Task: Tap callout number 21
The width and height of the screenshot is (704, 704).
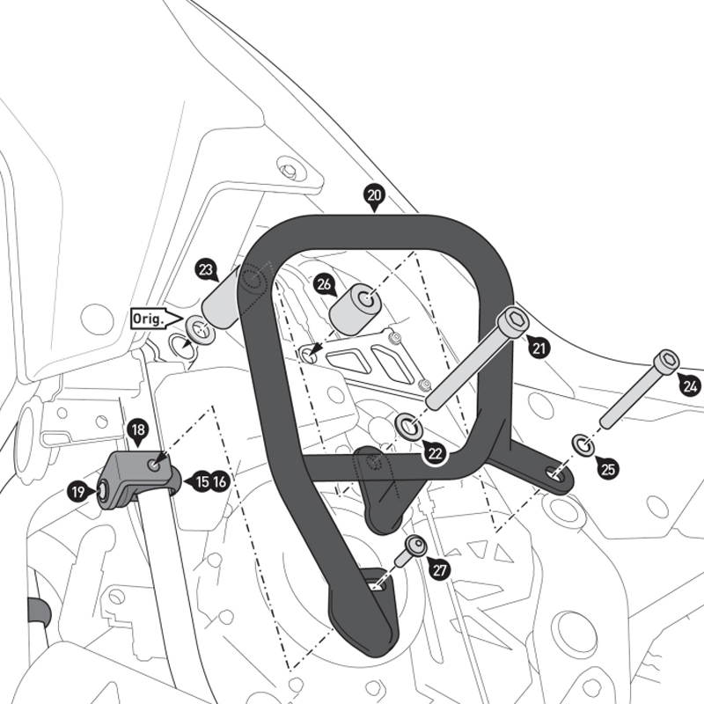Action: pyautogui.click(x=539, y=348)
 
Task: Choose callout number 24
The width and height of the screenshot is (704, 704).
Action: pyautogui.click(x=689, y=385)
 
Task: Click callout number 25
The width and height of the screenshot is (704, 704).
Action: pyautogui.click(x=607, y=468)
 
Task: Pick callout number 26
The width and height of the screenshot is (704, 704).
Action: pyautogui.click(x=324, y=285)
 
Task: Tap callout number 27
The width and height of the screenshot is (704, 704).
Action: pyautogui.click(x=440, y=569)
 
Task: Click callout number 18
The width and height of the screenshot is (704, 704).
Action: pyautogui.click(x=138, y=430)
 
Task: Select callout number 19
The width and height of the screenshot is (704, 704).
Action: pyautogui.click(x=79, y=493)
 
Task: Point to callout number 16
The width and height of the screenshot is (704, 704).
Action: pyautogui.click(x=219, y=481)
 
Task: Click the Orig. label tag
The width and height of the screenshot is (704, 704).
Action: pyautogui.click(x=148, y=319)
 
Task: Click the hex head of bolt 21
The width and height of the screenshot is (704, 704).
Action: pyautogui.click(x=515, y=320)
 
